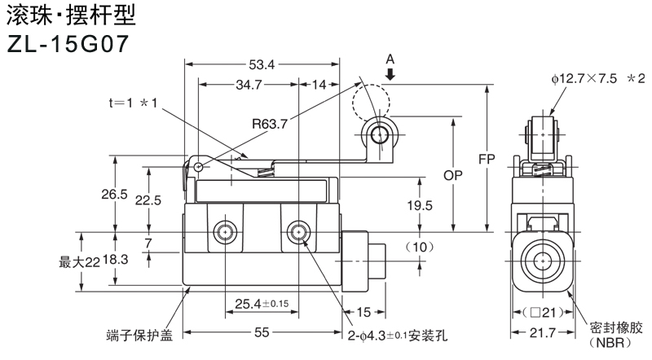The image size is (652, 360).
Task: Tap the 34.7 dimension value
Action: [x=248, y=85]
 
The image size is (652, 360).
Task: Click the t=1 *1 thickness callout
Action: [x=135, y=103]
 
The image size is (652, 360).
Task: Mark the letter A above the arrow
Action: [x=390, y=59]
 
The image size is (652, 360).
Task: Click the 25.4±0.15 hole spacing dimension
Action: [x=262, y=304]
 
